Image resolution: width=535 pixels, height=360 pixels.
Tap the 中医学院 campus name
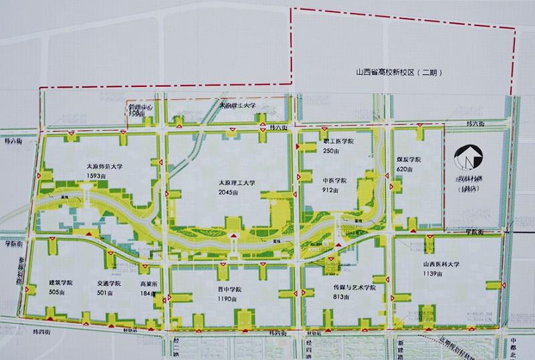coord(335,180)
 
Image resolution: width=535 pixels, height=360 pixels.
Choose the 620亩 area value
coord(403,170)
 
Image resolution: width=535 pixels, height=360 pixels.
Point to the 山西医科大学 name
coord(440,264)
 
